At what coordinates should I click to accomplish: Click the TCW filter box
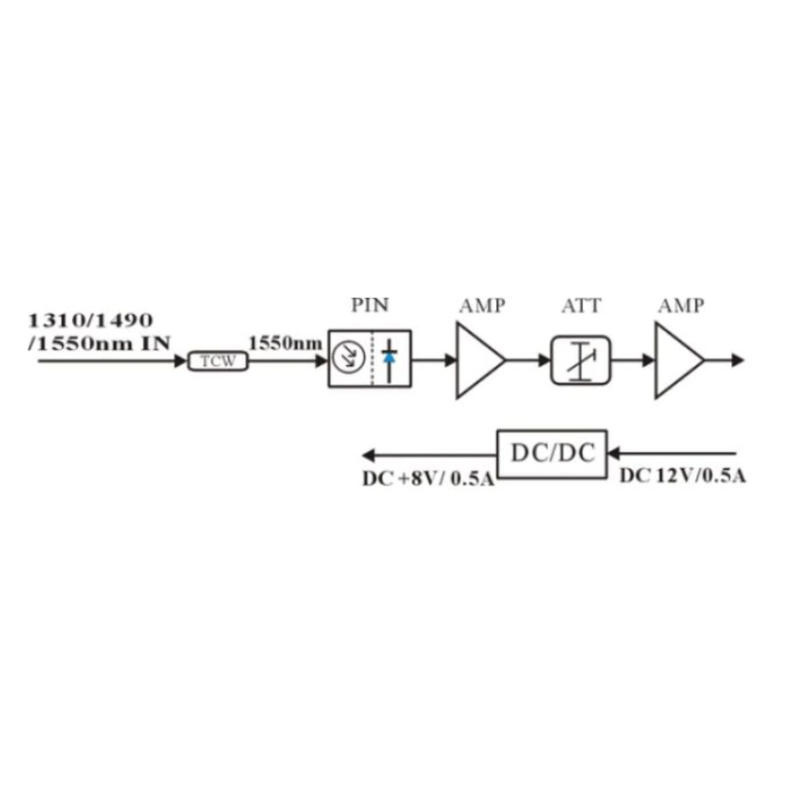218,361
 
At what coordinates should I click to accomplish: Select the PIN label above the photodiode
370,305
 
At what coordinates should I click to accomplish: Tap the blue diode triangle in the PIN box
389,357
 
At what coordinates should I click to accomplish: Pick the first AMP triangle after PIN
480,360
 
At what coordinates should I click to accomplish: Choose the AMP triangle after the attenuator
679,360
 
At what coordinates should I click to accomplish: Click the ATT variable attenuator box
580,360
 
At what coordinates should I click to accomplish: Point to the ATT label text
581,306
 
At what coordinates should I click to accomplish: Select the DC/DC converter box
552,454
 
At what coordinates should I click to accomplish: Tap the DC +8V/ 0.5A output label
428,479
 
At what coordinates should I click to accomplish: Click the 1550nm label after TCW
286,344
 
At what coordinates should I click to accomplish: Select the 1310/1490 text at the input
91,321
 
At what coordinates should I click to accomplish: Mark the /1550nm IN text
100,344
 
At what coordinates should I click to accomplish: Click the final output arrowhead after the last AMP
738,360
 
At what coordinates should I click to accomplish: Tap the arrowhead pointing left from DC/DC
369,455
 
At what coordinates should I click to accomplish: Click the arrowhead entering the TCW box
180,360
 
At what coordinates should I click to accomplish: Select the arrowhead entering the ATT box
545,360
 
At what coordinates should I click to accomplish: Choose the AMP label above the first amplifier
482,306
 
